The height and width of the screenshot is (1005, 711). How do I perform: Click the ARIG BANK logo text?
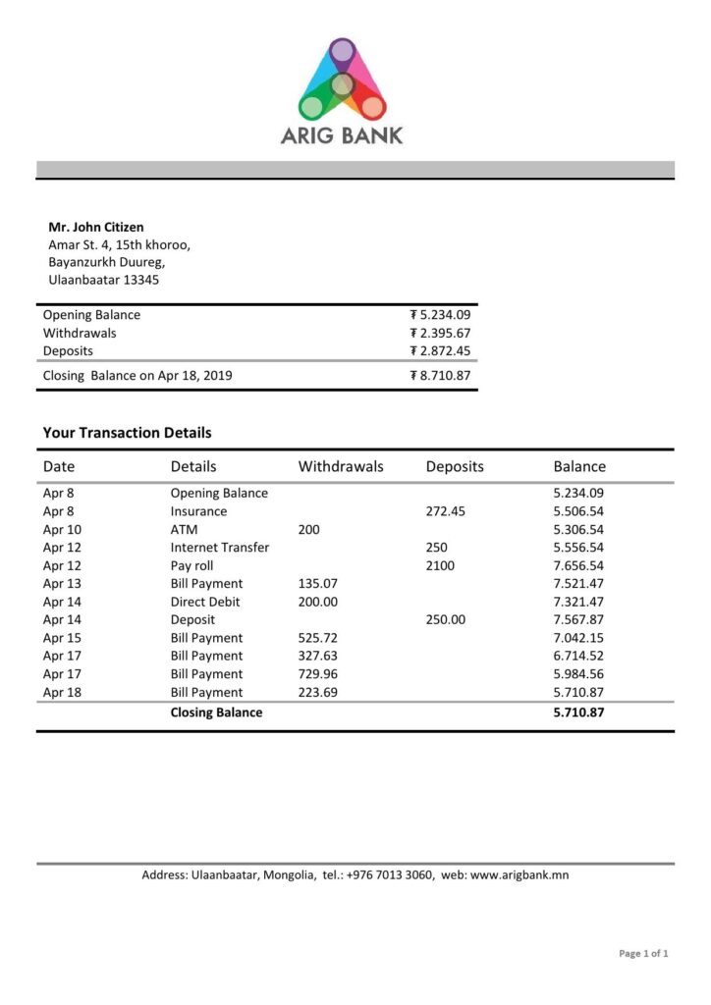pyautogui.click(x=342, y=135)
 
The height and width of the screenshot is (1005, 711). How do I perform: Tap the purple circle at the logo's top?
pyautogui.click(x=342, y=50)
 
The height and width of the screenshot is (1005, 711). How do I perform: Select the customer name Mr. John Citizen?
pyautogui.click(x=96, y=227)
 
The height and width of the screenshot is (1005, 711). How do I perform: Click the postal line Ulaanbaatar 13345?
pyautogui.click(x=104, y=280)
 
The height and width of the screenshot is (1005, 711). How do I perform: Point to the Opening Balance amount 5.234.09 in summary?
pyautogui.click(x=440, y=315)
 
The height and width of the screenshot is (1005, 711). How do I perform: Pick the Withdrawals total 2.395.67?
pyautogui.click(x=440, y=333)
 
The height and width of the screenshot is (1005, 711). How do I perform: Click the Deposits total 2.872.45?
pyautogui.click(x=440, y=350)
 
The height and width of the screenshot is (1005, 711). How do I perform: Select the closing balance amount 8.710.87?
pyautogui.click(x=440, y=375)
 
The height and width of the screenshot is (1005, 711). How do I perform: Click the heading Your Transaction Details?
pyautogui.click(x=127, y=432)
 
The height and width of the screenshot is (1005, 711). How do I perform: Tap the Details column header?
pyautogui.click(x=193, y=466)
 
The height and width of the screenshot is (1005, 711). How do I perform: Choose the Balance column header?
pyautogui.click(x=579, y=466)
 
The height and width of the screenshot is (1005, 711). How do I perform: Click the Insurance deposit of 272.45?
pyautogui.click(x=446, y=511)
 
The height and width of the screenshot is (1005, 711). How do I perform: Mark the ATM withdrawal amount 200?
pyautogui.click(x=309, y=529)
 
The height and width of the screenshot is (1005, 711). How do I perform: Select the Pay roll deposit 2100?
pyautogui.click(x=440, y=565)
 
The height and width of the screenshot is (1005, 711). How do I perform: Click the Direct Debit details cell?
pyautogui.click(x=205, y=602)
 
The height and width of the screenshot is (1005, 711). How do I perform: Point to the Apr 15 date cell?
pyautogui.click(x=60, y=638)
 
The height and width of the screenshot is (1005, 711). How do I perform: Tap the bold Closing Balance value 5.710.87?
pyautogui.click(x=578, y=713)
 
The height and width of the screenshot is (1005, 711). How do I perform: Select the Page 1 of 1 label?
pyautogui.click(x=643, y=953)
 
